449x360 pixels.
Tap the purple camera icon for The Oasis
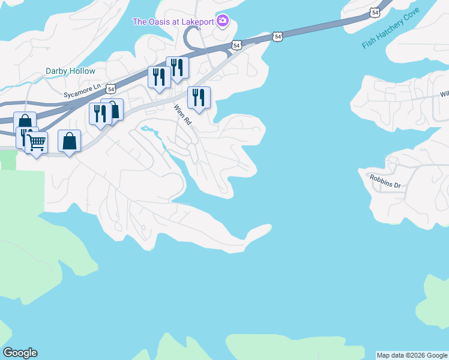[x=223, y=22]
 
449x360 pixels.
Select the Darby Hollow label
[x=70, y=71]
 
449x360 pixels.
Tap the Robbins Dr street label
[x=385, y=181]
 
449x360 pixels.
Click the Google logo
[x=20, y=352]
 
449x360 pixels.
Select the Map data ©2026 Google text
[x=412, y=355]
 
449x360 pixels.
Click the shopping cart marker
[x=37, y=143]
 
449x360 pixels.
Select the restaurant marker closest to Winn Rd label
[x=199, y=97]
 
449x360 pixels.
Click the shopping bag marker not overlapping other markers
[x=70, y=141]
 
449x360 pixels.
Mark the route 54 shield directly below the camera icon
[x=237, y=44]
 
